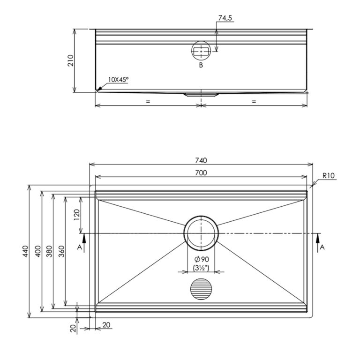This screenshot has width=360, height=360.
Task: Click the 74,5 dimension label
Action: coord(225,18)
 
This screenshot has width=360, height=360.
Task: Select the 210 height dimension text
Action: coord(70,60)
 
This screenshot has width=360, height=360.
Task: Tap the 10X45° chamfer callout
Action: coord(118,80)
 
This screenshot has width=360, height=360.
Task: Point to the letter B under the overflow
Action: coord(201,65)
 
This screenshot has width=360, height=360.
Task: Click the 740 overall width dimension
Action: coord(201,160)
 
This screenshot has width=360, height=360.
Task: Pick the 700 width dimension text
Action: coord(201,172)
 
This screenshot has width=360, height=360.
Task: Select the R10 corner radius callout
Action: coord(329,176)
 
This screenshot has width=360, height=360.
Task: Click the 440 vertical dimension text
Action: coord(25,251)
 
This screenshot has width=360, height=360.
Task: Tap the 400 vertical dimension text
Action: coord(38,251)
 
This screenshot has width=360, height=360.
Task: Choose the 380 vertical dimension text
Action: coord(50,251)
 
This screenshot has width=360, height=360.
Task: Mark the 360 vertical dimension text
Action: coord(61,251)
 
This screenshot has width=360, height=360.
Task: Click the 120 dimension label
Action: coord(77,215)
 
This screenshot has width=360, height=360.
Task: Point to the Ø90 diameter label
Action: coord(202,259)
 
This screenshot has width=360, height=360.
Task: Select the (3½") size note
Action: coord(201,268)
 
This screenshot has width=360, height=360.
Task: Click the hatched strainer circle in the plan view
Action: coord(201,289)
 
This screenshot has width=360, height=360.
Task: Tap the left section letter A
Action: coord(79,247)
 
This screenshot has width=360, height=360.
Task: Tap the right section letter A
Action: coord(322,247)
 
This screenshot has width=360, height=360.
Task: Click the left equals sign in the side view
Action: coord(148,101)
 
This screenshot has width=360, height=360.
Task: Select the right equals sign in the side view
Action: coord(254,101)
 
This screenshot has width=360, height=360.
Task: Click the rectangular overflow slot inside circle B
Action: coord(201,52)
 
